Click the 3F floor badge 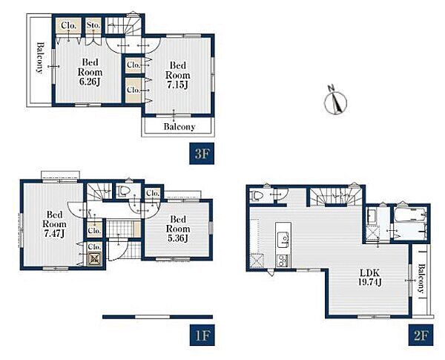(202, 154)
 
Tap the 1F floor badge (202, 336)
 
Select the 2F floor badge (421, 336)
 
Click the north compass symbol (336, 100)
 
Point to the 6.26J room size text (90, 82)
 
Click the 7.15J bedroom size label (178, 85)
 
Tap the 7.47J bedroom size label (54, 234)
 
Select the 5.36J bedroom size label (178, 238)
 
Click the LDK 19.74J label (369, 278)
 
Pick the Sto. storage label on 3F (93, 25)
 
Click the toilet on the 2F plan (257, 195)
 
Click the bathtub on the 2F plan (410, 215)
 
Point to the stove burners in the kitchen (283, 261)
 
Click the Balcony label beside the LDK (421, 279)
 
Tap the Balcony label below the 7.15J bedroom (179, 127)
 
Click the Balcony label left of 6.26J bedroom (40, 58)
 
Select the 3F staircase (123, 25)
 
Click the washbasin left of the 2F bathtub (372, 217)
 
